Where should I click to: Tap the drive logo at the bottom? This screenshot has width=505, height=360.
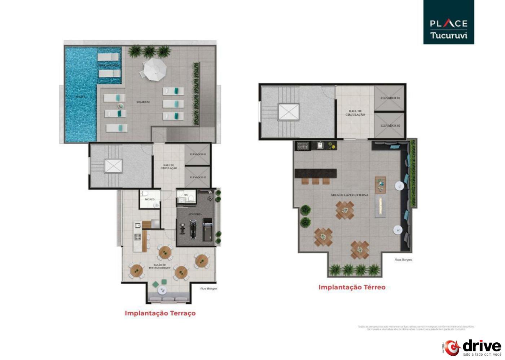[x=472, y=347]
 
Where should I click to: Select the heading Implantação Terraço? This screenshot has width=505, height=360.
[x=160, y=313]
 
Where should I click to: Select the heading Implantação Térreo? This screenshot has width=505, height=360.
[x=352, y=287]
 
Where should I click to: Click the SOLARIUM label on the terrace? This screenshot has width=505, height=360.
[x=143, y=102]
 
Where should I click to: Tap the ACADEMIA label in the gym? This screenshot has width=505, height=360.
[x=195, y=214]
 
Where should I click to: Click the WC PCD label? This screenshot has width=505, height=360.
[x=149, y=199]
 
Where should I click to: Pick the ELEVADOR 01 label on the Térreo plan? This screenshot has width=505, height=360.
[x=390, y=98]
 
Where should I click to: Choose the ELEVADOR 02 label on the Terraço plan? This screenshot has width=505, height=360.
[x=197, y=177]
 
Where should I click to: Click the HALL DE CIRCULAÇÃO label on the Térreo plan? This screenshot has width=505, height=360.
[x=355, y=113]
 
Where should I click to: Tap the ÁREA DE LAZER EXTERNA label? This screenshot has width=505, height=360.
[x=349, y=195]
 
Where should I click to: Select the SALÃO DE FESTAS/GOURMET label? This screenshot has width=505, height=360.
[x=159, y=266]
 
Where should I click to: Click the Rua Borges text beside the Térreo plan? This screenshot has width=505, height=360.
[x=403, y=259]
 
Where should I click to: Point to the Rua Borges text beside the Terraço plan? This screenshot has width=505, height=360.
[x=208, y=288]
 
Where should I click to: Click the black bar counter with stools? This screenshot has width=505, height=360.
[x=316, y=173]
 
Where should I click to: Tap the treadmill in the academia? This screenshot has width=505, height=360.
[x=208, y=232]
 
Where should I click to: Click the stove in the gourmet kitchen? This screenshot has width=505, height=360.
[x=137, y=237]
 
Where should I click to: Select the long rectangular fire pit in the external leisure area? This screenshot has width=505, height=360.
[x=381, y=206]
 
